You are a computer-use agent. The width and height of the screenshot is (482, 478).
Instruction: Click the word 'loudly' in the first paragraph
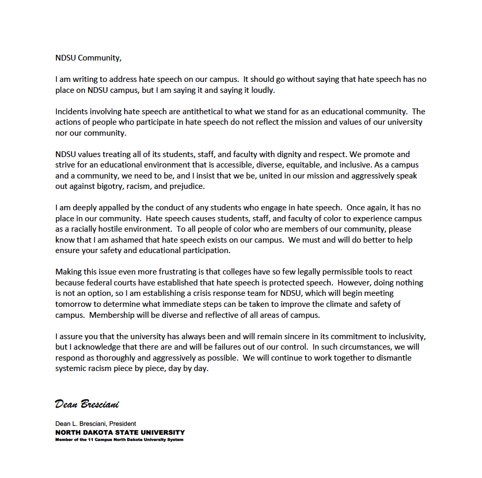coord(262,90)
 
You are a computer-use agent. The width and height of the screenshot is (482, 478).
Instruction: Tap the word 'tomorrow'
coord(73,304)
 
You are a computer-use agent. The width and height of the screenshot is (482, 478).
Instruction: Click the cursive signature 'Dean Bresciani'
coord(90,404)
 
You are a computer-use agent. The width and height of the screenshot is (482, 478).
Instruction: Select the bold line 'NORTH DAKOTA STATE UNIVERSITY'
coord(120,432)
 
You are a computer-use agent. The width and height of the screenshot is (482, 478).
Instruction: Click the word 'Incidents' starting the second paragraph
coord(72,111)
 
